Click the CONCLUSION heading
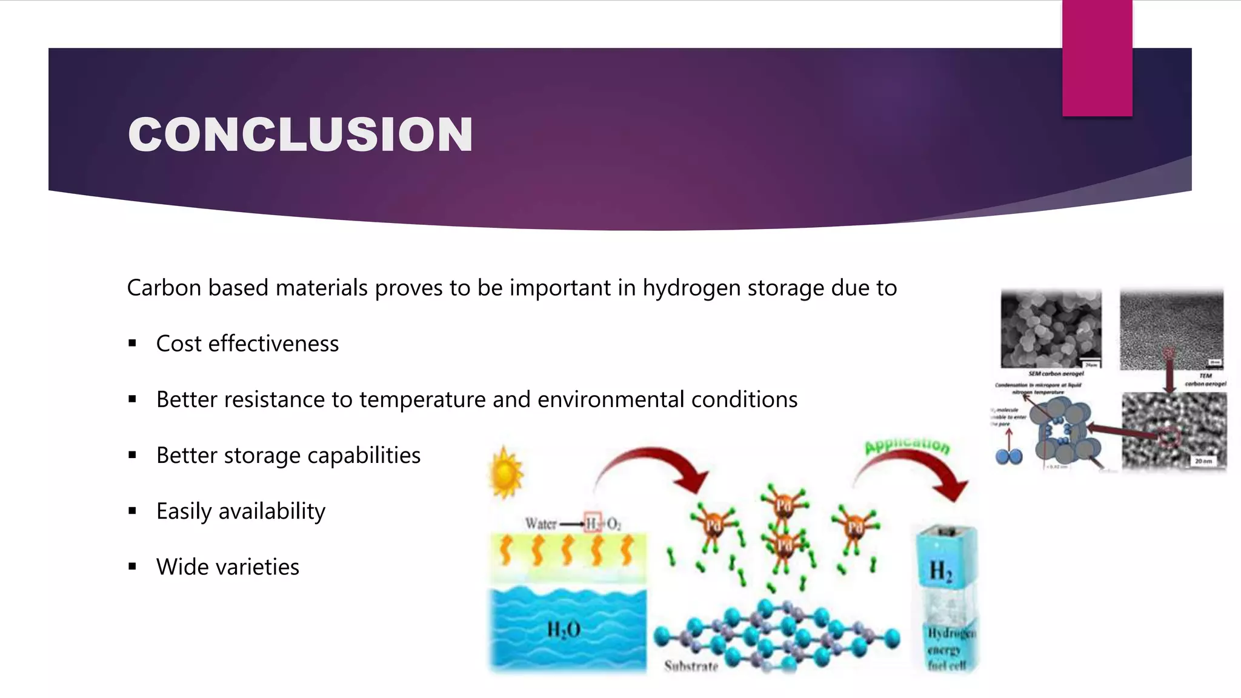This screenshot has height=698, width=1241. tap(300, 135)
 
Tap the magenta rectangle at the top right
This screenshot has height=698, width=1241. tap(1097, 58)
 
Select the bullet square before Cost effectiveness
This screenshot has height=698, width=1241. tap(132, 344)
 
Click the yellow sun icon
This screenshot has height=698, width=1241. tap(506, 473)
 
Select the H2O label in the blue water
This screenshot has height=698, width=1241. tap(564, 630)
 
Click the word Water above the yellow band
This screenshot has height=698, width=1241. tap(540, 523)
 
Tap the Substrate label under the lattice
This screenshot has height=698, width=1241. tap(691, 666)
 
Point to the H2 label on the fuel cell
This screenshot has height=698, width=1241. tap(940, 571)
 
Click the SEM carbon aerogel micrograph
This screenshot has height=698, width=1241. tap(1051, 329)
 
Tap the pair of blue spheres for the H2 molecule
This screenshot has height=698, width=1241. tap(1009, 456)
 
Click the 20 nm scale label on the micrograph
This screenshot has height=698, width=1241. tap(1203, 461)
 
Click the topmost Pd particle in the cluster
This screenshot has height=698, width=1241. tap(784, 504)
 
